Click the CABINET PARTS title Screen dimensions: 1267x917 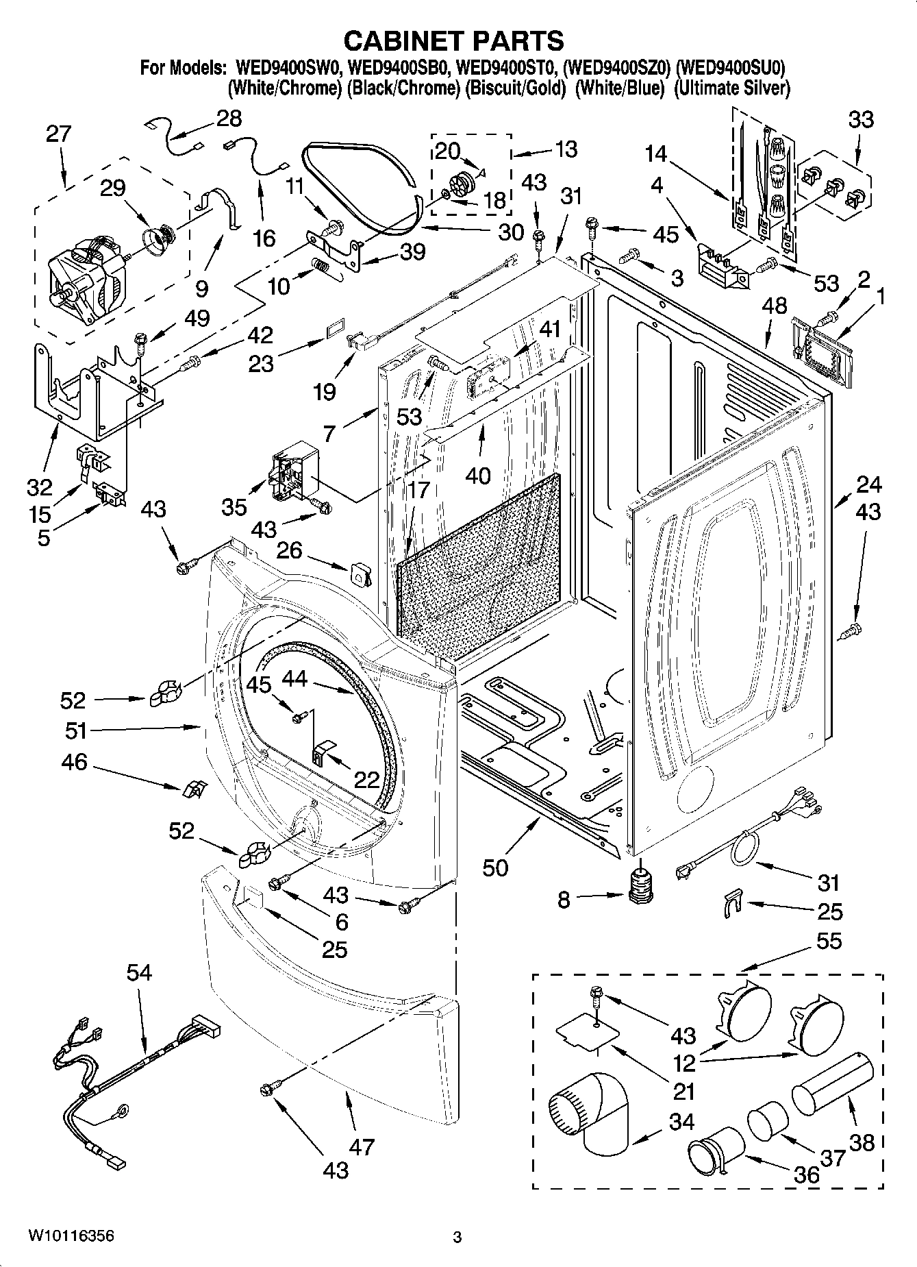tap(453, 41)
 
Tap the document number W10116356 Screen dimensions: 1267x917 tap(71, 1237)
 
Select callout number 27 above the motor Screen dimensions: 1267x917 tap(59, 134)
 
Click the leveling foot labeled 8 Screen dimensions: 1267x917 tap(641, 886)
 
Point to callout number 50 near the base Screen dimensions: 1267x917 tap(495, 867)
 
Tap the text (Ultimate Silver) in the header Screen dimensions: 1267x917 tap(731, 88)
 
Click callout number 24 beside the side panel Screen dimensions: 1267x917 tap(868, 484)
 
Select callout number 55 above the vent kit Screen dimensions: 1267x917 tap(829, 941)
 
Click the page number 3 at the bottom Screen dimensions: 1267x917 tap(457, 1238)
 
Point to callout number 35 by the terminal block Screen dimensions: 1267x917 tap(234, 506)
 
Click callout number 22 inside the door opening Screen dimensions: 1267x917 tap(367, 778)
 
